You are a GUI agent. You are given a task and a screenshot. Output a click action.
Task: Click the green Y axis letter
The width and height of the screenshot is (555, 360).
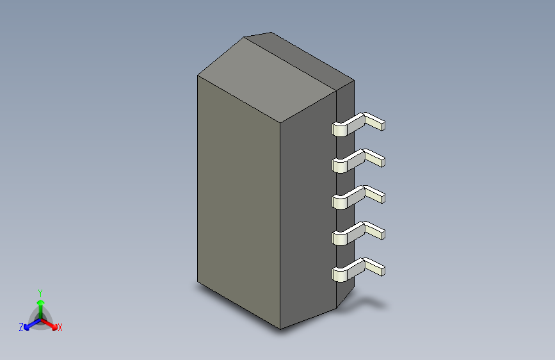point(40,293)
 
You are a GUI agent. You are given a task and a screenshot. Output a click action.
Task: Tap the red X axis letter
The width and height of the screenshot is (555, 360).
point(60,328)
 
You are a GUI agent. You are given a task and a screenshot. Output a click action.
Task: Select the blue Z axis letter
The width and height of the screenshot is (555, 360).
point(21,327)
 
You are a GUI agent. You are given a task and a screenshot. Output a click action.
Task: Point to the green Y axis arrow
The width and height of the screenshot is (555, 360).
point(41,309)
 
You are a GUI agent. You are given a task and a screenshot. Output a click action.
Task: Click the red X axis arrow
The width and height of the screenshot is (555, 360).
point(49,324)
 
